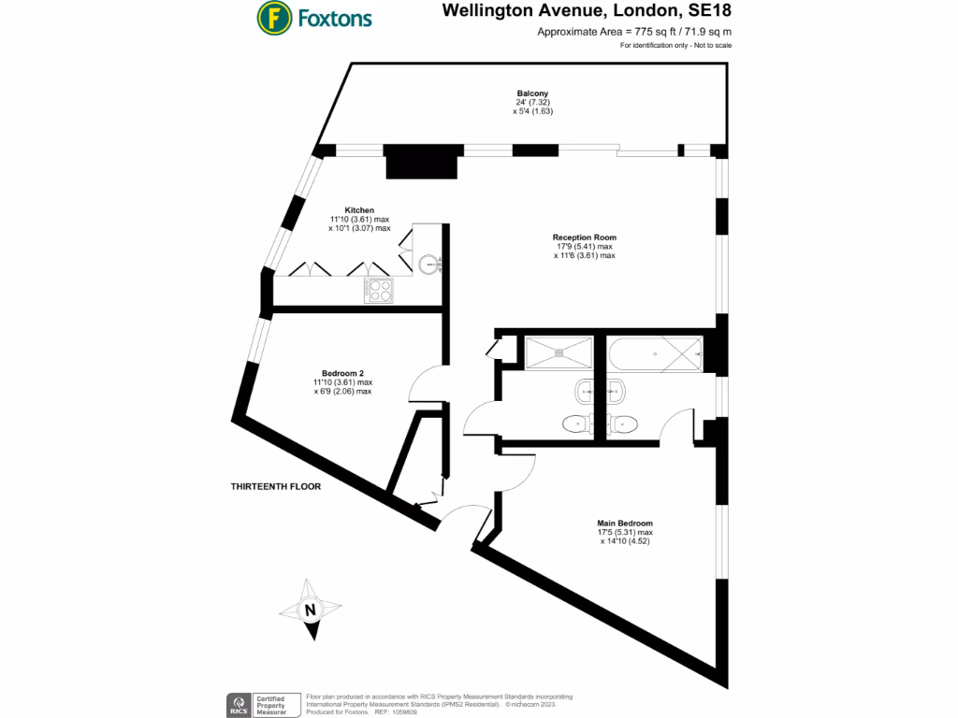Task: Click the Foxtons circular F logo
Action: [272, 17]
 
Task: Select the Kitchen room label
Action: [359, 210]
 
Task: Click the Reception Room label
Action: [584, 237]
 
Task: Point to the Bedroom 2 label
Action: [342, 373]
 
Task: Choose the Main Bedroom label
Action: [625, 524]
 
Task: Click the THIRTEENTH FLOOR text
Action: [276, 487]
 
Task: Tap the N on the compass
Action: [309, 610]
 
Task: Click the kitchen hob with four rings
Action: [379, 291]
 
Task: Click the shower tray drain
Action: [559, 352]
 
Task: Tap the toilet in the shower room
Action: [576, 424]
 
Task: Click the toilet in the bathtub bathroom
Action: [625, 424]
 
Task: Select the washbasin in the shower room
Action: [582, 390]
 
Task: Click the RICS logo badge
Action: [239, 704]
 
